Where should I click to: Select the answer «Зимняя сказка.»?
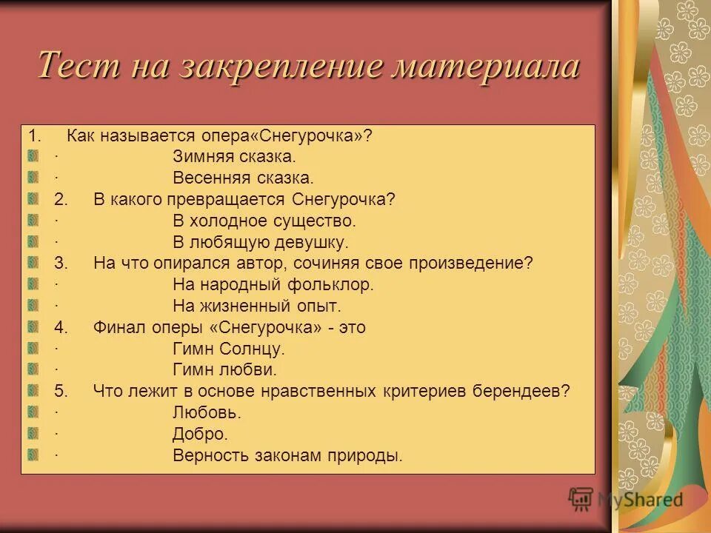pos(234,157)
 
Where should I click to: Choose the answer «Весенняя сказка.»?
pos(243,178)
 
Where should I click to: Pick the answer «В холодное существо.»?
pos(264,221)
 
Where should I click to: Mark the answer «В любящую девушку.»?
pos(260,242)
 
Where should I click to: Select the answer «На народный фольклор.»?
pos(273,284)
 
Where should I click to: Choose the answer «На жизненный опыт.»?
pos(256,306)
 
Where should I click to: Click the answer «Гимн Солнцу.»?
pos(228,349)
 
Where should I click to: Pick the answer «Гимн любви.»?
pos(224,369)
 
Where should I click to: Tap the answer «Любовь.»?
pos(207,412)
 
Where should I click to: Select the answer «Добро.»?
pos(200,434)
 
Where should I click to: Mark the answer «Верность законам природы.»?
pos(287,455)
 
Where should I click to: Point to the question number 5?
pos(61,391)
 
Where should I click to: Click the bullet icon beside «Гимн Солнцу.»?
pos(33,348)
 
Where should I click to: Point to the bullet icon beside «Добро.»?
pos(33,433)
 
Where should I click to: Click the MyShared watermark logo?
pos(626,499)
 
